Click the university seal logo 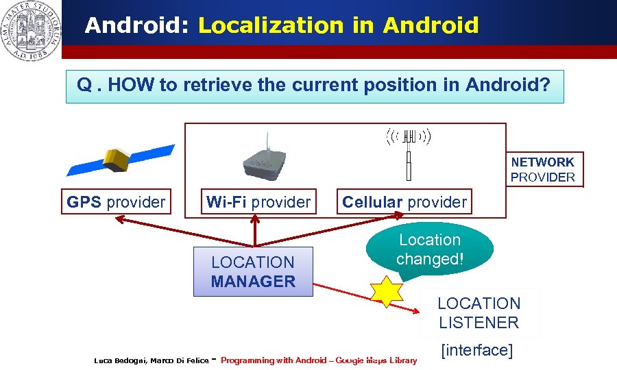click(x=30, y=30)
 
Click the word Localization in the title click(x=270, y=26)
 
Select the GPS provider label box click(x=116, y=202)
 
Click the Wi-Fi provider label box click(x=258, y=202)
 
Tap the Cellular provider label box click(x=404, y=202)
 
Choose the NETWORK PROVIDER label click(x=543, y=169)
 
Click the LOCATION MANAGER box click(x=253, y=272)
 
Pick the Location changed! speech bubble click(x=430, y=250)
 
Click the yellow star click(x=387, y=291)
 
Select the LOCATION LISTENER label click(x=479, y=313)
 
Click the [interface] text click(x=477, y=350)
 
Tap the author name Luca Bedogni click(x=119, y=360)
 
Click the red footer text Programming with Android click(x=275, y=360)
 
